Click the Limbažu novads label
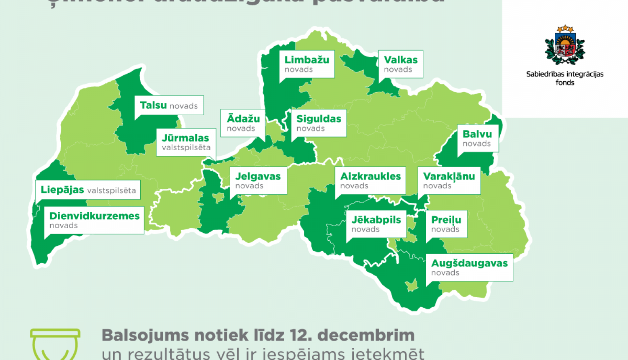pyautogui.click(x=306, y=64)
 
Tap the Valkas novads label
pyautogui.click(x=401, y=64)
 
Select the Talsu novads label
pyautogui.click(x=169, y=105)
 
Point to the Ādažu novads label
pyautogui.click(x=243, y=123)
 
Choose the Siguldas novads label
pyautogui.click(x=319, y=123)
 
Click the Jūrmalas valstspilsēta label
pyautogui.click(x=186, y=142)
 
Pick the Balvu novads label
pyautogui.click(x=477, y=138)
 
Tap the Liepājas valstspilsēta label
pyautogui.click(x=88, y=190)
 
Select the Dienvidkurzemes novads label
pyautogui.click(x=94, y=220)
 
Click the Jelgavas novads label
pyautogui.click(x=258, y=180)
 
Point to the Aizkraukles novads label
pyautogui.click(x=370, y=180)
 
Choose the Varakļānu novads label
pyautogui.click(x=449, y=180)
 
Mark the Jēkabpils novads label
pyautogui.click(x=376, y=224)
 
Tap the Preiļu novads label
pyautogui.click(x=446, y=224)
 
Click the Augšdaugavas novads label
pyautogui.click(x=469, y=267)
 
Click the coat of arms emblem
pyautogui.click(x=565, y=45)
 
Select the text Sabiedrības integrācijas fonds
pyautogui.click(x=565, y=78)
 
